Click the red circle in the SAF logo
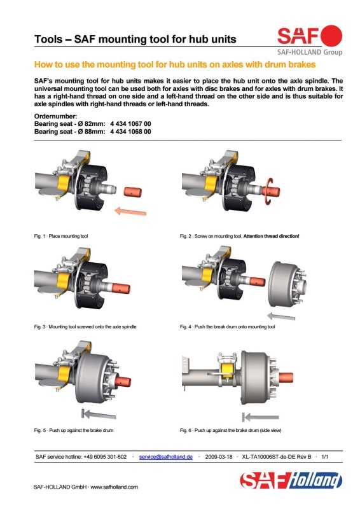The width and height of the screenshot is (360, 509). coord(331,36)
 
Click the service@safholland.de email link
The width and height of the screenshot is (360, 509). coord(166,457)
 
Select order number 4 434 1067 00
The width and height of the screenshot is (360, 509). coord(130,123)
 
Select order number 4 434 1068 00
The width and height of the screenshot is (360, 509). coord(130,132)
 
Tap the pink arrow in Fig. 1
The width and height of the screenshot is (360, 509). coord(130,211)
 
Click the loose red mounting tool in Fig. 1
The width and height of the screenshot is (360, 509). coord(133,192)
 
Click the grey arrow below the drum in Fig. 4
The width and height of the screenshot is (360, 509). coord(281,316)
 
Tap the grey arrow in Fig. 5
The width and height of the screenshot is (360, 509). coord(99,414)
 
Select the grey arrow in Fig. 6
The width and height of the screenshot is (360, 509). coord(261,417)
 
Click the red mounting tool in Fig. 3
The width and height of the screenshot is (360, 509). coord(121,288)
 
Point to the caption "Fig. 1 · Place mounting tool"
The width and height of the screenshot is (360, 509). coord(61,236)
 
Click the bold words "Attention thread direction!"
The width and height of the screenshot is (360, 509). coord(272,236)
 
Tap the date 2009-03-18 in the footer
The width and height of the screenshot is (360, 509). coord(219,457)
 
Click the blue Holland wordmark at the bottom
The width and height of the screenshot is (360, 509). coord(315,480)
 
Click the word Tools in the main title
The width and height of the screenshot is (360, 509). coord(48,39)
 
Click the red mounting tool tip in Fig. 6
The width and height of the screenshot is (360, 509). coord(286,377)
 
